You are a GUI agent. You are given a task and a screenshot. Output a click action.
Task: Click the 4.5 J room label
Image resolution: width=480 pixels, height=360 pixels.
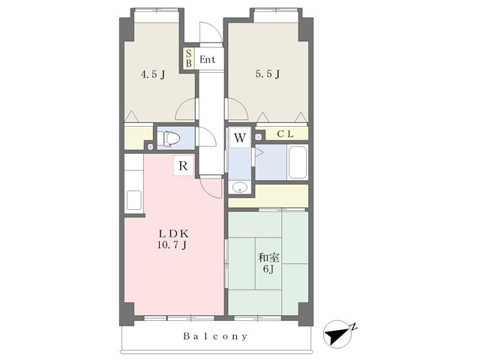tap(153, 74)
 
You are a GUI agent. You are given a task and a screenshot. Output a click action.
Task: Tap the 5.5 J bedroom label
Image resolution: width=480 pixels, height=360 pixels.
tap(268, 73)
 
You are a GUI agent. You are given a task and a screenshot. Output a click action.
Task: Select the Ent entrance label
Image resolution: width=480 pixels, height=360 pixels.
tap(208, 59)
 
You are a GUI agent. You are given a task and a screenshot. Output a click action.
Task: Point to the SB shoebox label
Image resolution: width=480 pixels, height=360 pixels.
tap(188, 58)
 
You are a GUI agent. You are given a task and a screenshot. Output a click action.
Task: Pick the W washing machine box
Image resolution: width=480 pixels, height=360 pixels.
tap(240, 138)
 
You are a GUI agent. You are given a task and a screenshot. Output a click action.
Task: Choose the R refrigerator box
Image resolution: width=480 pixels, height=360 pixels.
tap(183, 166)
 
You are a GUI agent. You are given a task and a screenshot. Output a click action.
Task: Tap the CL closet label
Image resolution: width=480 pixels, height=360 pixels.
tap(285, 133)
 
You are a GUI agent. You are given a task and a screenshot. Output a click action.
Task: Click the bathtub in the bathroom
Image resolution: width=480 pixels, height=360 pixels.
tap(297, 162)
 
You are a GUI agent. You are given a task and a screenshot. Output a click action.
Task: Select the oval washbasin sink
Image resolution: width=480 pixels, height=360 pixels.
tap(240, 187)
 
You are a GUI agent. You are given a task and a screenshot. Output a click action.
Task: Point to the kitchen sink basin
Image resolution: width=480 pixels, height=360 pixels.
tap(134, 200)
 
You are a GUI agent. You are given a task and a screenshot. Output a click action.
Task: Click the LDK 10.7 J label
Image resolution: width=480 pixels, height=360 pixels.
tap(173, 239)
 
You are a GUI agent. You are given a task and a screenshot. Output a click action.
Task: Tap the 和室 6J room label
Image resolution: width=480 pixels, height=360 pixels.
tap(268, 263)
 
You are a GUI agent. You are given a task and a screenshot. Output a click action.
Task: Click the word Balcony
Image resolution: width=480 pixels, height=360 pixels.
tap(215, 337)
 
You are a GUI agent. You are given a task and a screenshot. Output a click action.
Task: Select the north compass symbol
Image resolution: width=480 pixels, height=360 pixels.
tap(339, 333)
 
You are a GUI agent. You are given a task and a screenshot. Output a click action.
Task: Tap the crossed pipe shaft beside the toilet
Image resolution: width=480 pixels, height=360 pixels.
tap(150, 147)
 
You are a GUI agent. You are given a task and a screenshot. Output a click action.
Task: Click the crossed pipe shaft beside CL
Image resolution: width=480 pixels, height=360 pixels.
tap(259, 136)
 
